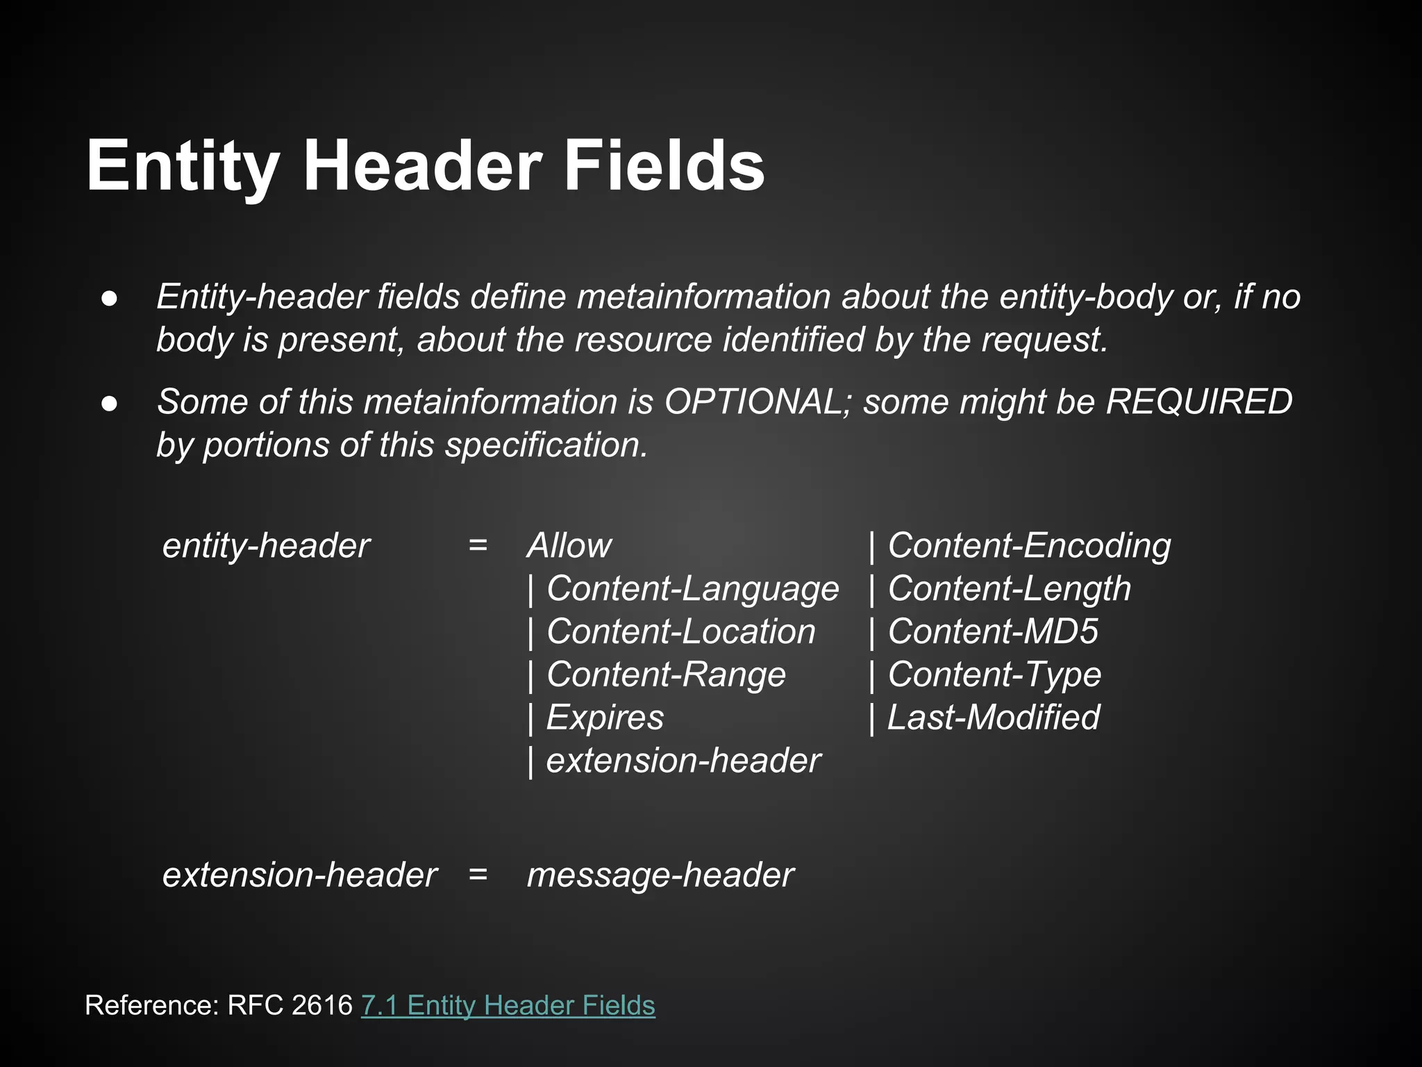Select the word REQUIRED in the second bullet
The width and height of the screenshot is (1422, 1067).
point(1198,402)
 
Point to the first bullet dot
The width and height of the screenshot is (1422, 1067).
point(109,298)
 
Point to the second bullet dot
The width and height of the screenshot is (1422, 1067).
point(109,403)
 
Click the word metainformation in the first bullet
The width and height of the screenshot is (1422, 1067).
point(703,297)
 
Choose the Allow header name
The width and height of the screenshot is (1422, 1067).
point(569,546)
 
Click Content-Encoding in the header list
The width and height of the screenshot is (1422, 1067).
point(1029,546)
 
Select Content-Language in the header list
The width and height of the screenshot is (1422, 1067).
point(692,589)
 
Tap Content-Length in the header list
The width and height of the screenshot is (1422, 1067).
point(1009,589)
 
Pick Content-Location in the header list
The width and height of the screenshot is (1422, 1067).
point(680,632)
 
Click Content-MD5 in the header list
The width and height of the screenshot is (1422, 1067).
point(993,632)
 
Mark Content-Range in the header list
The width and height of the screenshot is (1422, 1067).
point(666,675)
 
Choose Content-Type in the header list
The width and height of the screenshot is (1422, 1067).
point(994,675)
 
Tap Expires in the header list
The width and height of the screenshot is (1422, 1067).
point(605,718)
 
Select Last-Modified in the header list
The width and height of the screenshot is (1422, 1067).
point(994,718)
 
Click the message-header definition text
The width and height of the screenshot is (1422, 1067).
point(660,875)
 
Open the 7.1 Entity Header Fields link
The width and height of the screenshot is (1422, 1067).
point(508,1006)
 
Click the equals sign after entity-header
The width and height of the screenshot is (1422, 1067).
point(478,546)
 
